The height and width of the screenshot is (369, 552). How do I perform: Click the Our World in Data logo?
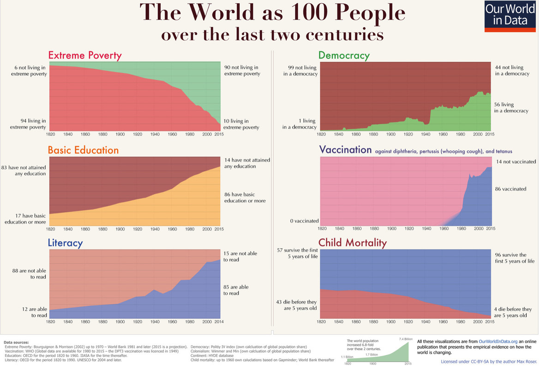click(510, 16)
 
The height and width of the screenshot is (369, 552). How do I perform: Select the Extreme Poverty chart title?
click(85, 56)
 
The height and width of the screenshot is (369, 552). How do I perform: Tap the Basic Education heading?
click(83, 150)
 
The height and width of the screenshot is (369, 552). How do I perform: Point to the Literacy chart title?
click(65, 243)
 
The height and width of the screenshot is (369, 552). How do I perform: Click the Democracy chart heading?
click(344, 56)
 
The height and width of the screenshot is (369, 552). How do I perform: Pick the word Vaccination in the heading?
click(345, 150)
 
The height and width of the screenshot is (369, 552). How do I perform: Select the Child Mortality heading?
click(352, 243)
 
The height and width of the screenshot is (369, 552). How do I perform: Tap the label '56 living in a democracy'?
click(511, 107)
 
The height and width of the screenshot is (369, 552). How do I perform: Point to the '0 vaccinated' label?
click(304, 221)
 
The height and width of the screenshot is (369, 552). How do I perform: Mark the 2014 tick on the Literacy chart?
click(219, 321)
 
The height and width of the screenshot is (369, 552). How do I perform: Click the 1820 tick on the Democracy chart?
click(321, 134)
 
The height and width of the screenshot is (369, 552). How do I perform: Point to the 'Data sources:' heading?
click(16, 342)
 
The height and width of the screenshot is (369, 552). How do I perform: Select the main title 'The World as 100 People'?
click(274, 12)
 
